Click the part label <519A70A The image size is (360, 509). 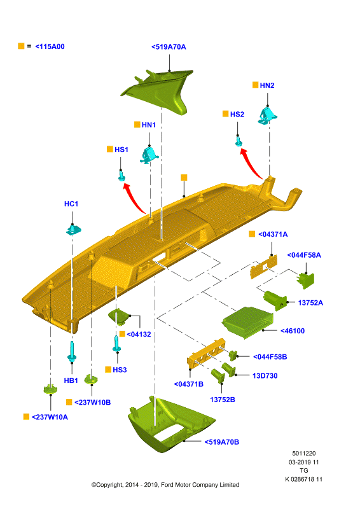pos(169,47)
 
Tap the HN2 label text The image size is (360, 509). pos(267,85)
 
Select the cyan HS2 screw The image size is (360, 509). pos(239,141)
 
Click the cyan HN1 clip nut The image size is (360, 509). pos(149,155)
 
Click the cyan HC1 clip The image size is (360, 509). pos(73,230)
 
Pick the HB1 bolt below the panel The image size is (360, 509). pos(72,352)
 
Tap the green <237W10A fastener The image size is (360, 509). pos(51,388)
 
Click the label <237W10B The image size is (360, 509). pos(92,403)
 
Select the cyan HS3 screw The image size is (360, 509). pos(116,344)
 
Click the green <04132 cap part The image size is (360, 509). pos(119,316)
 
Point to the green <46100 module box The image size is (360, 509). pos(247,323)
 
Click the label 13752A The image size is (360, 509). pos(310,303)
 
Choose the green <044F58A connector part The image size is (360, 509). pos(305,281)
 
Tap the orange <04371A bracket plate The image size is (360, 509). pos(263,267)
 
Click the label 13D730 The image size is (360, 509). pos(265,376)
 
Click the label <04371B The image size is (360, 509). pos(189,384)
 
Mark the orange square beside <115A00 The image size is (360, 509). pos(21,46)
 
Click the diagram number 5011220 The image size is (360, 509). pos(304,454)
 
